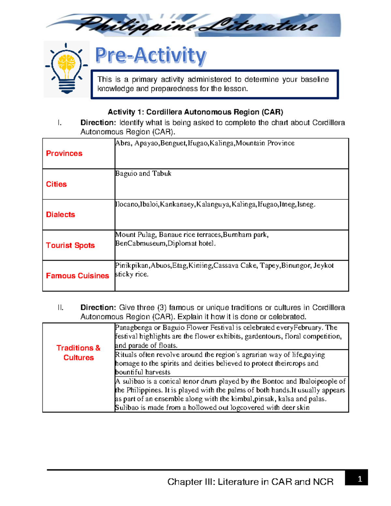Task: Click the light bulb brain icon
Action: point(67,69)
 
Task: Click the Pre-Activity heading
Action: point(151,55)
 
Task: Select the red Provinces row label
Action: point(64,153)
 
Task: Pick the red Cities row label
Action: point(56,184)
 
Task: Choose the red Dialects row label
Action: point(61,215)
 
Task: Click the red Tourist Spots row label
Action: point(70,245)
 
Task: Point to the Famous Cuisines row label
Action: point(78,276)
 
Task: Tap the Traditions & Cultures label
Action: point(79,353)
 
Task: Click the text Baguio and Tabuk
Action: point(143,174)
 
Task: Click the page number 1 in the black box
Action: point(360,479)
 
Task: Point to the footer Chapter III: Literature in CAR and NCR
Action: point(250,482)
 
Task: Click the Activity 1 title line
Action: point(195,112)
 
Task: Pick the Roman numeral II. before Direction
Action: point(61,308)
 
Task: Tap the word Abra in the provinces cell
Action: point(123,143)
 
